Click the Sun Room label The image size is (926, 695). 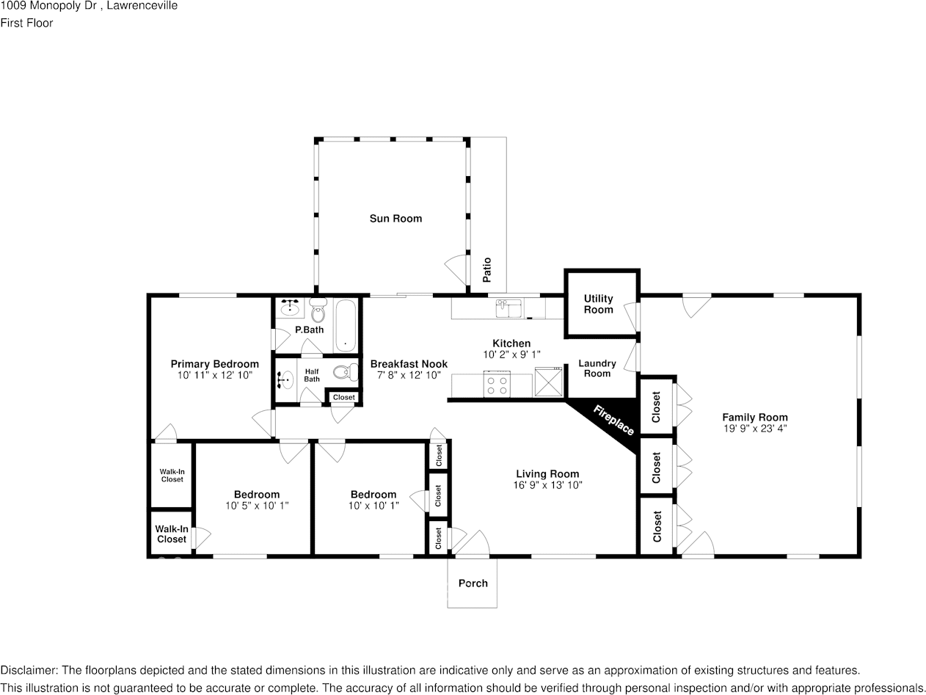pos(395,218)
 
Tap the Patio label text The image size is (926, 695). pos(486,269)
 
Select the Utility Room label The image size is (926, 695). pos(598,304)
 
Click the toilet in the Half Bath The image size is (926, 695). pos(343,373)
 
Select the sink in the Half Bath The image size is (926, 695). pos(285,379)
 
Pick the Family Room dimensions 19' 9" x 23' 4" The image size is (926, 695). pos(754,429)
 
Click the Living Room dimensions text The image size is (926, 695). pos(547,485)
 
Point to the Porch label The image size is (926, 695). pos(473,583)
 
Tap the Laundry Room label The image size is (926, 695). pos(597,368)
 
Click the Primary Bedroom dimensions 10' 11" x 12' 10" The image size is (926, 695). pos(214,375)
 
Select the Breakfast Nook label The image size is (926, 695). pos(409,364)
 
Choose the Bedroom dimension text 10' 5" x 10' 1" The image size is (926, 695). pos(257,506)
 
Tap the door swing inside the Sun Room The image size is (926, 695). pos(456,267)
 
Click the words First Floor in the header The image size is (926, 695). pos(26,23)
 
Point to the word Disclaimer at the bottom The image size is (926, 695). pos(29,670)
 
